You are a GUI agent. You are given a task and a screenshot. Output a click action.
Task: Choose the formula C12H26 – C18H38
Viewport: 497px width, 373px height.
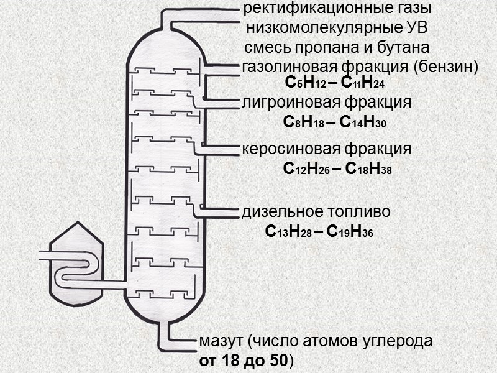[x=337, y=168]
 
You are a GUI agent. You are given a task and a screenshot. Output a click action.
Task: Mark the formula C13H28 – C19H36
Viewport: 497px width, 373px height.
[x=319, y=233]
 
